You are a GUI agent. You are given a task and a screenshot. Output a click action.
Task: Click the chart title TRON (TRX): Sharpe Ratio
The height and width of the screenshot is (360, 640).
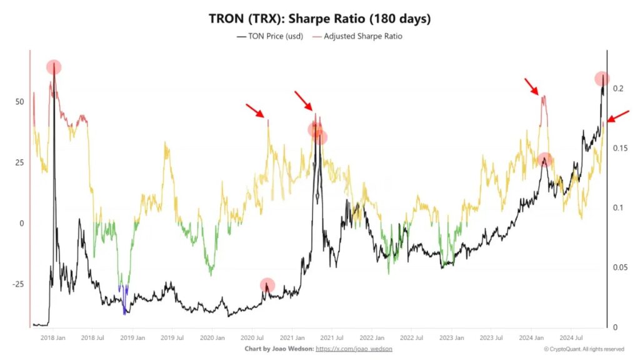(x=319, y=19)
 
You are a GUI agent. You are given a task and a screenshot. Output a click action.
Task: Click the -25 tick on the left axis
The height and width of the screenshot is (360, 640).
(x=17, y=284)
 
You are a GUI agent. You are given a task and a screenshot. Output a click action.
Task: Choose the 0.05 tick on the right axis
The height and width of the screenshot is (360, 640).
(x=619, y=267)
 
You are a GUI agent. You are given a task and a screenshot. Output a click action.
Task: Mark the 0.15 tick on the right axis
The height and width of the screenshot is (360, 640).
(x=619, y=148)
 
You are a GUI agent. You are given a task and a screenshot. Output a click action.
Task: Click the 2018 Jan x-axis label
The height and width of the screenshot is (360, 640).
(x=52, y=337)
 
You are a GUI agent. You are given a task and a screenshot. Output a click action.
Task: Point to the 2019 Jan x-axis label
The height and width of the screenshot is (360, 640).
(x=132, y=337)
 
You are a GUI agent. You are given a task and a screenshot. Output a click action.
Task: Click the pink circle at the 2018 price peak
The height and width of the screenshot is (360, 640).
(x=54, y=67)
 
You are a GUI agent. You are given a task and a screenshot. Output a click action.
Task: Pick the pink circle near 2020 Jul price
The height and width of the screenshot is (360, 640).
(x=267, y=285)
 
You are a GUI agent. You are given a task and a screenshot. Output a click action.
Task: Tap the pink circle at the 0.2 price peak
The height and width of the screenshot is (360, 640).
(x=602, y=79)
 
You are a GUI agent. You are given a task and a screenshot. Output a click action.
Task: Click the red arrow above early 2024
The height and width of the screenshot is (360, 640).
(x=531, y=86)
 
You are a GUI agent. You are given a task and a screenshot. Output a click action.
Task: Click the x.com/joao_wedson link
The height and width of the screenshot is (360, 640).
(x=354, y=348)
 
